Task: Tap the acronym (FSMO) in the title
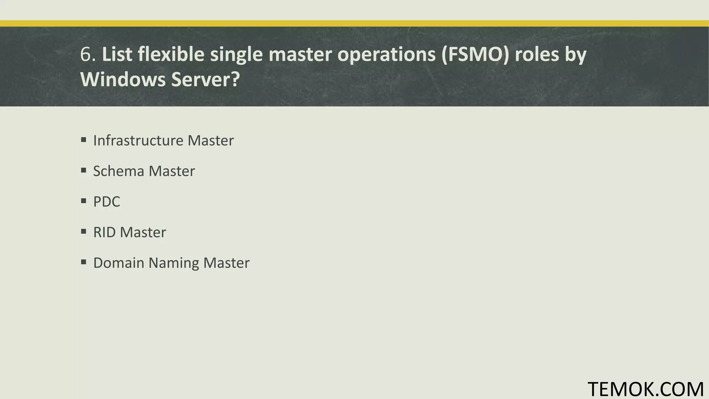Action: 475,55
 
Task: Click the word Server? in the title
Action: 205,79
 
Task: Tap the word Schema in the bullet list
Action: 118,171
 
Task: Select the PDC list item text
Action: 107,202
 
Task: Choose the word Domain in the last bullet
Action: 119,263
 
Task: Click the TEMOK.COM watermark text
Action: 646,389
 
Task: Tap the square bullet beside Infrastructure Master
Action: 83,140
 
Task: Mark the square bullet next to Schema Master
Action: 83,170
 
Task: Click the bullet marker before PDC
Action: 83,201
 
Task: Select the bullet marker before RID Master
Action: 83,232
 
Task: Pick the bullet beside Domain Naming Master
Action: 83,262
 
